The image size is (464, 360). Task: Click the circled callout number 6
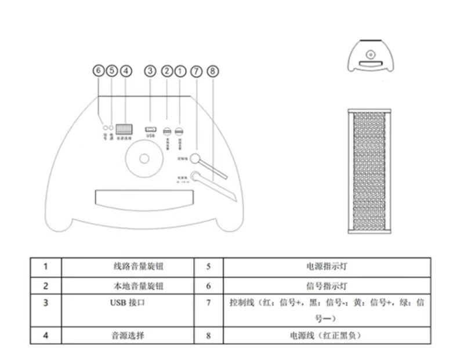click(x=99, y=71)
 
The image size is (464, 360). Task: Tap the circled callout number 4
click(x=126, y=71)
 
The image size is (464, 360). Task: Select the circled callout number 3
click(x=151, y=71)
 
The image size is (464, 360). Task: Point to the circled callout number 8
click(x=213, y=71)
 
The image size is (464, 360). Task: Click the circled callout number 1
click(x=180, y=71)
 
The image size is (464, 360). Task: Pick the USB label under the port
click(x=151, y=136)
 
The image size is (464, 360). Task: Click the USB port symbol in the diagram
click(x=151, y=128)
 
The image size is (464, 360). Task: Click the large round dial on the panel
click(x=143, y=158)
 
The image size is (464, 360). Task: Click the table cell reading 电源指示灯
click(x=327, y=267)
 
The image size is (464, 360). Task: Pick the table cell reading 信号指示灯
click(x=327, y=286)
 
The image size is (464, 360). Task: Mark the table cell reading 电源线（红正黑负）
click(x=327, y=335)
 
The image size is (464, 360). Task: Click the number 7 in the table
click(x=208, y=303)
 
